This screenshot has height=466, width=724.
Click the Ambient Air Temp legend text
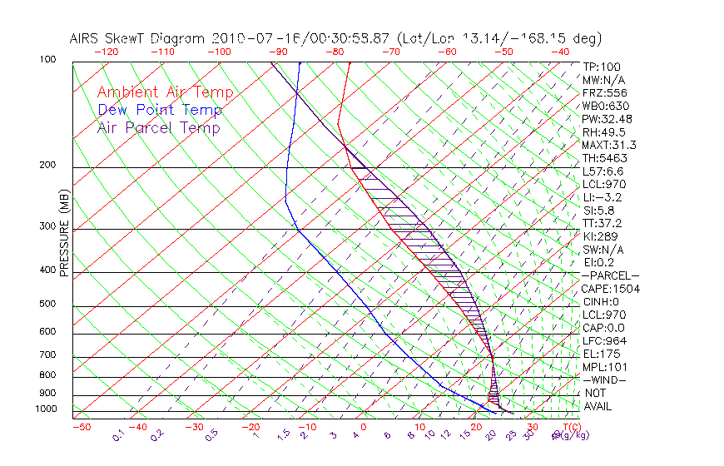tap(165, 92)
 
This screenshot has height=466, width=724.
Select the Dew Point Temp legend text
tap(159, 110)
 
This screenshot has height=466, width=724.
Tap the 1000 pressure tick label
tap(47, 409)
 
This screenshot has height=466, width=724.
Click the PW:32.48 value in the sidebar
tap(607, 119)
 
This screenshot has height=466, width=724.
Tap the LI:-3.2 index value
tap(602, 197)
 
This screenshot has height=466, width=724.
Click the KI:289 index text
tap(601, 236)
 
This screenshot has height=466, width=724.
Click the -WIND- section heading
tap(606, 379)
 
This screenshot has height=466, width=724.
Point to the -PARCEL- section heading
tap(610, 275)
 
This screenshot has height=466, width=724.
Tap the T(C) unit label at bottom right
tap(569, 427)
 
